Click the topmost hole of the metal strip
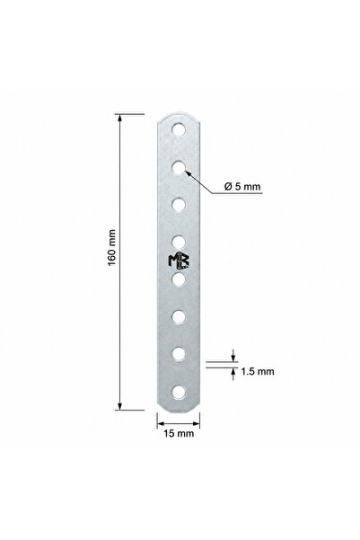179,130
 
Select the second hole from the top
179,168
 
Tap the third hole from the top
179,205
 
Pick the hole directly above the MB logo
179,242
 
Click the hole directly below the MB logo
179,279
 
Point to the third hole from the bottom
179,317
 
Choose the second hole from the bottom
179,354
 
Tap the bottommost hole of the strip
179,393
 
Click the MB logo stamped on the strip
179,261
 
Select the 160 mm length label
112,248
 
